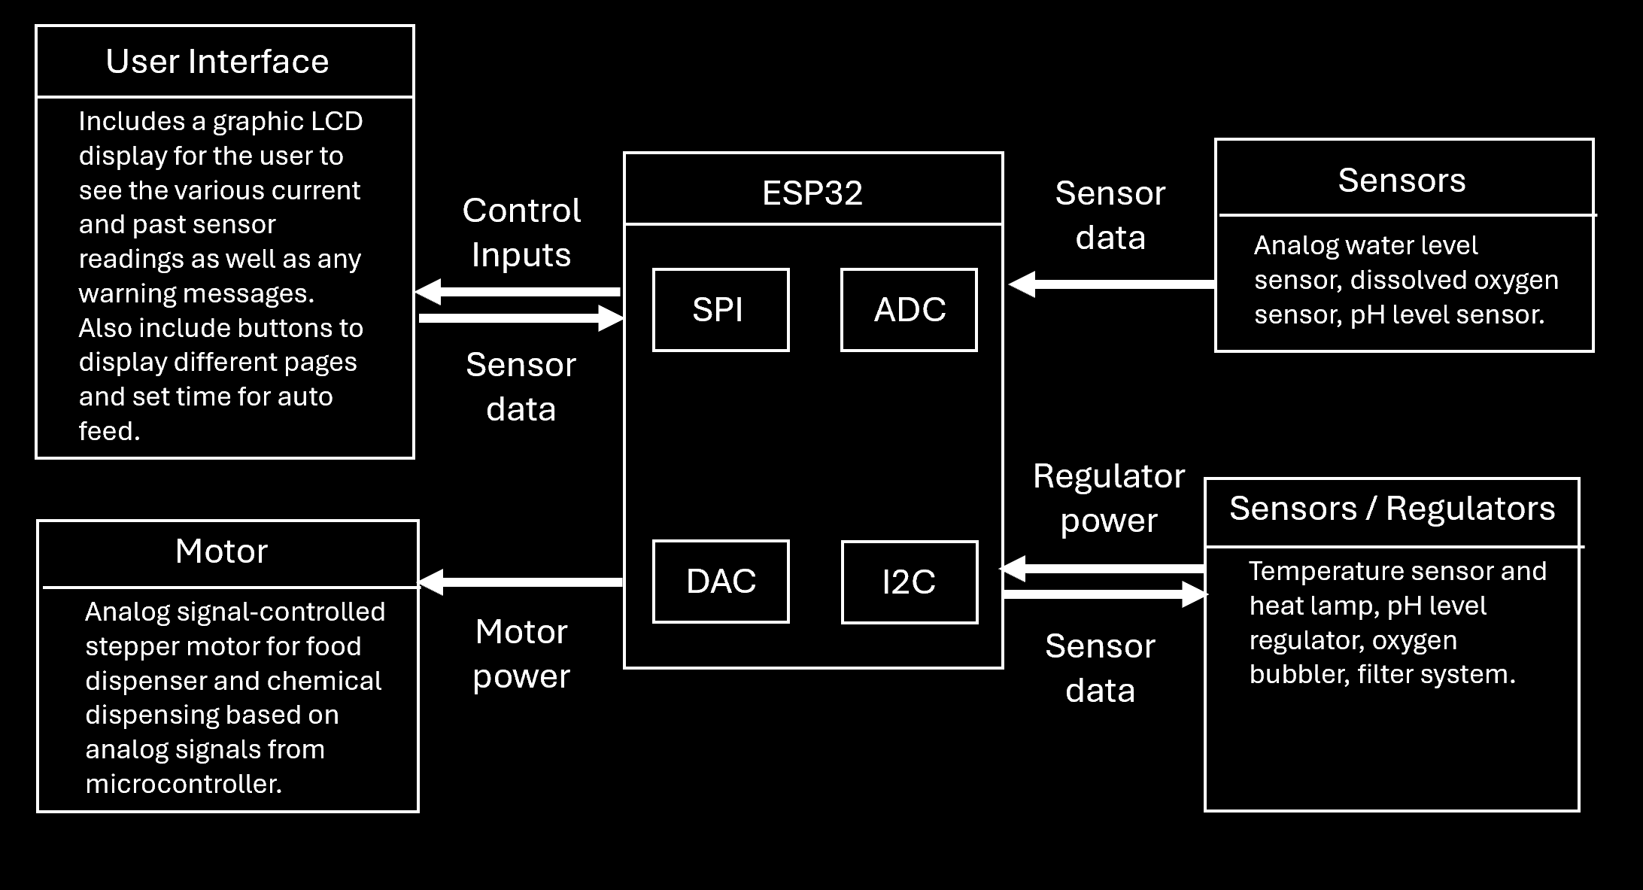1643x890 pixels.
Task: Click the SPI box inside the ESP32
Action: [720, 310]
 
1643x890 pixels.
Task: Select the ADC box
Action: [909, 310]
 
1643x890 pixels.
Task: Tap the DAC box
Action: [720, 582]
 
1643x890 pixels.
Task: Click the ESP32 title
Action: [812, 193]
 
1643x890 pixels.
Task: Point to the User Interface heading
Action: [217, 62]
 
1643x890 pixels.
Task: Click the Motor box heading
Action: [221, 551]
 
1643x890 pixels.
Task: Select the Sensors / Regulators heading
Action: [1392, 509]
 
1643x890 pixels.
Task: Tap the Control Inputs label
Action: [521, 232]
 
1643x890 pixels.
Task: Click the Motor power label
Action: [521, 654]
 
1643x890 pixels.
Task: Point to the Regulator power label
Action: [1109, 498]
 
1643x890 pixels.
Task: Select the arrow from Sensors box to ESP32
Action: [1111, 284]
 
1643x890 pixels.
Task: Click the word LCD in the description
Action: [338, 121]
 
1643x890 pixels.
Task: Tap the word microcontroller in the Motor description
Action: [184, 784]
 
